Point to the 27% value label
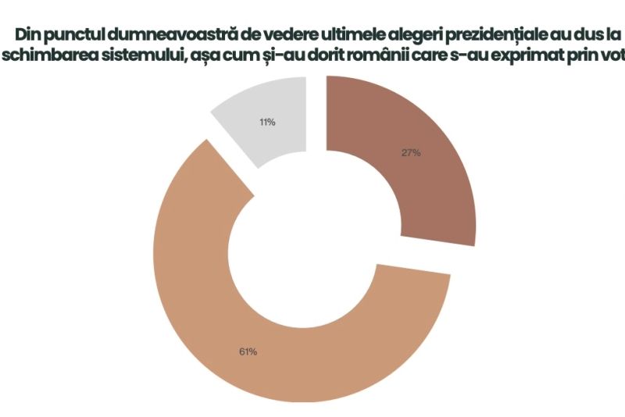coord(411,153)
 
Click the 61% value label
coord(248,351)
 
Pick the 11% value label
coord(266,123)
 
